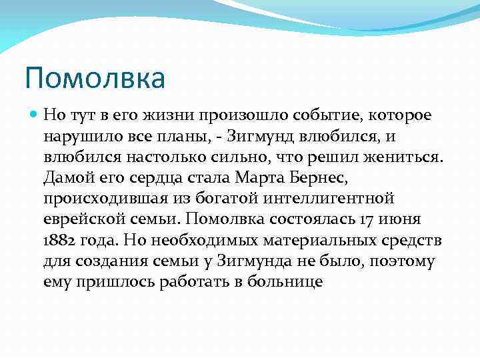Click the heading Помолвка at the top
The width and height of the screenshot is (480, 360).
95,79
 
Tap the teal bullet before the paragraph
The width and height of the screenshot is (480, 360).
35,115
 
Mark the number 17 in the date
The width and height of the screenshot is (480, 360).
366,219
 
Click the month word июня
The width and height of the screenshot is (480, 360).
401,219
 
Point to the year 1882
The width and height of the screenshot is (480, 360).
58,240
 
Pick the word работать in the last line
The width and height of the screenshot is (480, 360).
191,281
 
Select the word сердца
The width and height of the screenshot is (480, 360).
163,177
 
